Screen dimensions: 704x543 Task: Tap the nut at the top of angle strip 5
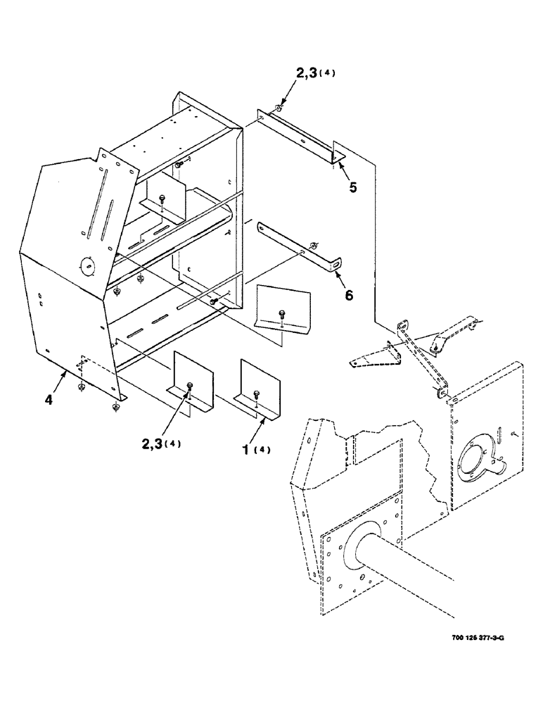click(280, 108)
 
